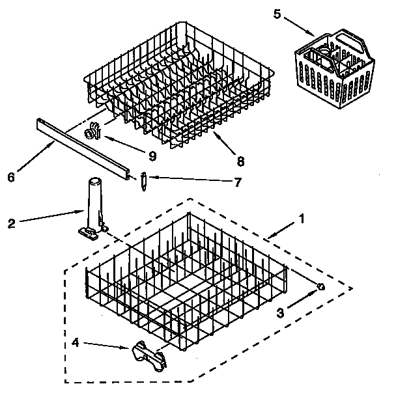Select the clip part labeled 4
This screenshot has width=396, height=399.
pyautogui.click(x=147, y=355)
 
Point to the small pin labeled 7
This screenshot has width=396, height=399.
pyautogui.click(x=143, y=180)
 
